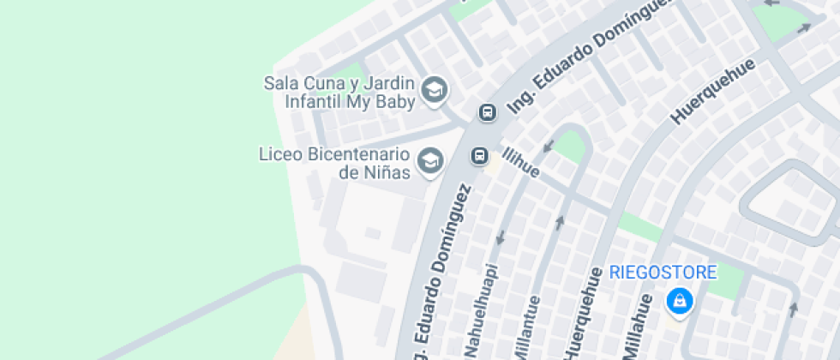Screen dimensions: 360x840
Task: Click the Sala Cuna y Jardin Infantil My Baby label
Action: tap(339, 93)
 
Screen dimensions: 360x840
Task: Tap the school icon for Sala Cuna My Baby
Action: tap(435, 88)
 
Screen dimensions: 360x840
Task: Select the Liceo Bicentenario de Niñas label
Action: tap(332, 163)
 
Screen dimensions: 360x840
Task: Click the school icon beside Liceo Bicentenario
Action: tap(429, 159)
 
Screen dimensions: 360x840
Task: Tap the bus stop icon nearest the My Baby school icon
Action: tap(487, 112)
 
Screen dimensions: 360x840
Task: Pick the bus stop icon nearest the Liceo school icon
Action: tap(479, 155)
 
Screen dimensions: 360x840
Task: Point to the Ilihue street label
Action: tap(521, 162)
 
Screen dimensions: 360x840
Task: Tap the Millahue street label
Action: tap(641, 319)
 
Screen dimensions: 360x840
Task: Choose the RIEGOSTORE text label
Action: tap(663, 273)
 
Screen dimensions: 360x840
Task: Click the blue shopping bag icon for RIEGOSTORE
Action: tap(679, 301)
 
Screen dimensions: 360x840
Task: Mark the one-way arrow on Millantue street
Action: tap(560, 223)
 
